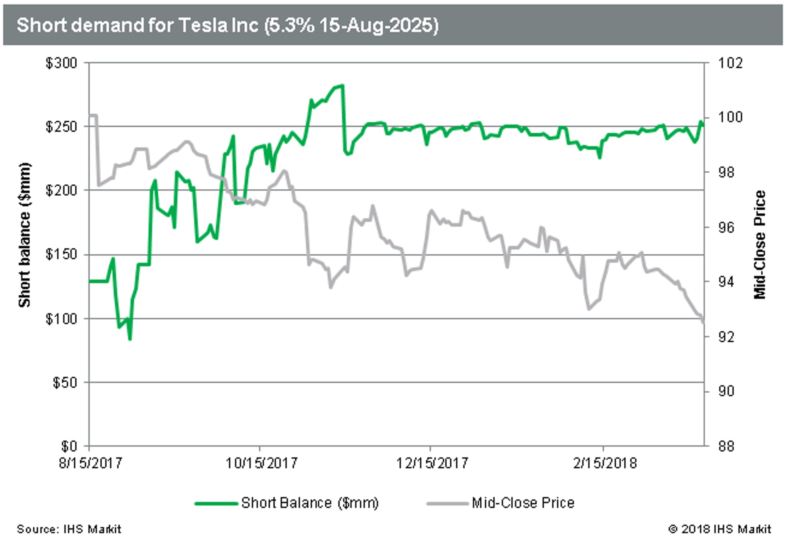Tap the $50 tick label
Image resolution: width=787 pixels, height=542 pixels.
pyautogui.click(x=65, y=383)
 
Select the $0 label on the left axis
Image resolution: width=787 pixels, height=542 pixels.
pyautogui.click(x=69, y=446)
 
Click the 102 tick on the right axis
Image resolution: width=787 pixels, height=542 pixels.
pyautogui.click(x=730, y=63)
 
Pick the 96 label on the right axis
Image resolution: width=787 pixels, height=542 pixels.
pyautogui.click(x=726, y=227)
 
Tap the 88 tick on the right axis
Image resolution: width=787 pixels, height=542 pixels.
pyautogui.click(x=726, y=446)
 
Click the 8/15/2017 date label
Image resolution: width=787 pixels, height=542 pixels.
pyautogui.click(x=90, y=463)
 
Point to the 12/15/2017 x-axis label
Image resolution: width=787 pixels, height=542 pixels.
pyautogui.click(x=432, y=463)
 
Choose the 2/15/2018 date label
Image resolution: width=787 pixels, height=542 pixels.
pyautogui.click(x=605, y=463)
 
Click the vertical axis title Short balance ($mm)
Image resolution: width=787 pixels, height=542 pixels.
pyautogui.click(x=25, y=235)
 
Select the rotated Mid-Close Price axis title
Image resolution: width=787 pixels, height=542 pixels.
pyautogui.click(x=760, y=244)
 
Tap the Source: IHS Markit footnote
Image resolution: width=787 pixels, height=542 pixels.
pyautogui.click(x=69, y=529)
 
